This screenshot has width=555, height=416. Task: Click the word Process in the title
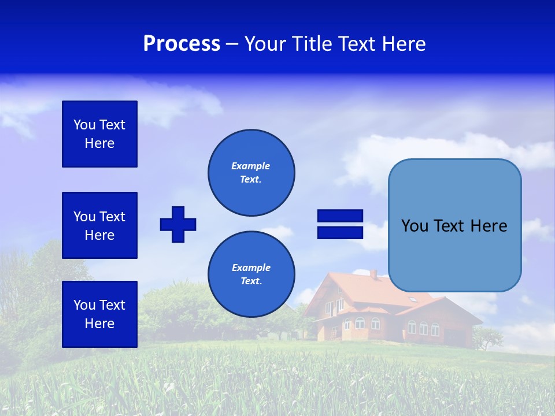point(182,44)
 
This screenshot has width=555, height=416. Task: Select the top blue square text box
point(99,134)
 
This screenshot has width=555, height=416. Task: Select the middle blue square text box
point(99,225)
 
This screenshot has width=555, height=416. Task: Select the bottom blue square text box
point(99,314)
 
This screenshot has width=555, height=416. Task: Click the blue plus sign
point(178,224)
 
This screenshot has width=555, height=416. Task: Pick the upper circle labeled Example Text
point(251,173)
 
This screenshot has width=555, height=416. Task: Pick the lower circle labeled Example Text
point(251,274)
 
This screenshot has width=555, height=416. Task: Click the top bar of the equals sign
point(340,216)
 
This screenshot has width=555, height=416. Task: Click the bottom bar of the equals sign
point(340,232)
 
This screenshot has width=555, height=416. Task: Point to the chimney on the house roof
point(373,274)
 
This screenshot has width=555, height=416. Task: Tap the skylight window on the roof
point(412,299)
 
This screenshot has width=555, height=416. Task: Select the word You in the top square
point(84,125)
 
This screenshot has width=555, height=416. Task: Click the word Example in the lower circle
point(251,268)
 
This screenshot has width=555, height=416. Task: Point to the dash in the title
point(232,44)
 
